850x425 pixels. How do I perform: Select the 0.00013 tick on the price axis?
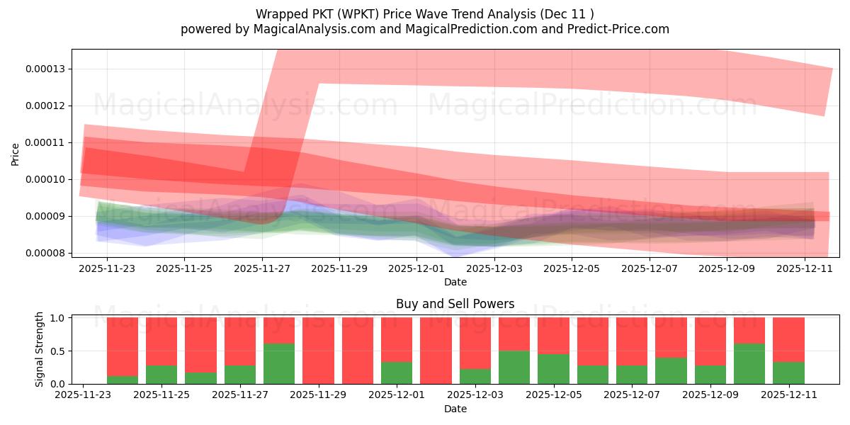pos(43,69)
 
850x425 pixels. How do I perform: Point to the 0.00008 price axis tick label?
pos(43,253)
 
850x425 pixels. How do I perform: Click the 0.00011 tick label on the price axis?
pos(43,142)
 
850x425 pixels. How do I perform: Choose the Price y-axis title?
pos(16,154)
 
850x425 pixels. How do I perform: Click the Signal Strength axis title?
pos(40,349)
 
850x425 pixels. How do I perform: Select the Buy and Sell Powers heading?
pos(455,304)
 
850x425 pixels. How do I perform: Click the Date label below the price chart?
pos(455,282)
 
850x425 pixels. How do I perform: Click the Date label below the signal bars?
pos(455,409)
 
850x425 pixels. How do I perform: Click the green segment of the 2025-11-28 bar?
pos(279,364)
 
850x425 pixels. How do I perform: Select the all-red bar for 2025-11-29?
pos(318,351)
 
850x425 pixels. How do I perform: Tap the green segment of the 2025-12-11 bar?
pos(788,373)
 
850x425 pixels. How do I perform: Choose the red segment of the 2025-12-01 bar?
pos(397,340)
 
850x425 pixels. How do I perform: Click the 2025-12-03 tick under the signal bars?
pos(475,395)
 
